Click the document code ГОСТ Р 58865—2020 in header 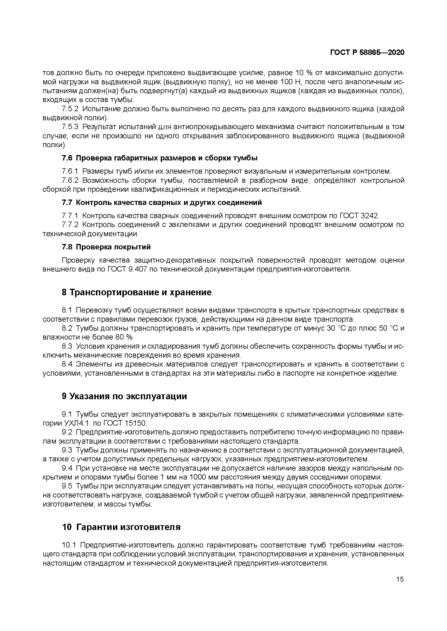click(367, 53)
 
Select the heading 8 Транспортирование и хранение click(137, 292)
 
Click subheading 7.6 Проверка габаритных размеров click(160, 158)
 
